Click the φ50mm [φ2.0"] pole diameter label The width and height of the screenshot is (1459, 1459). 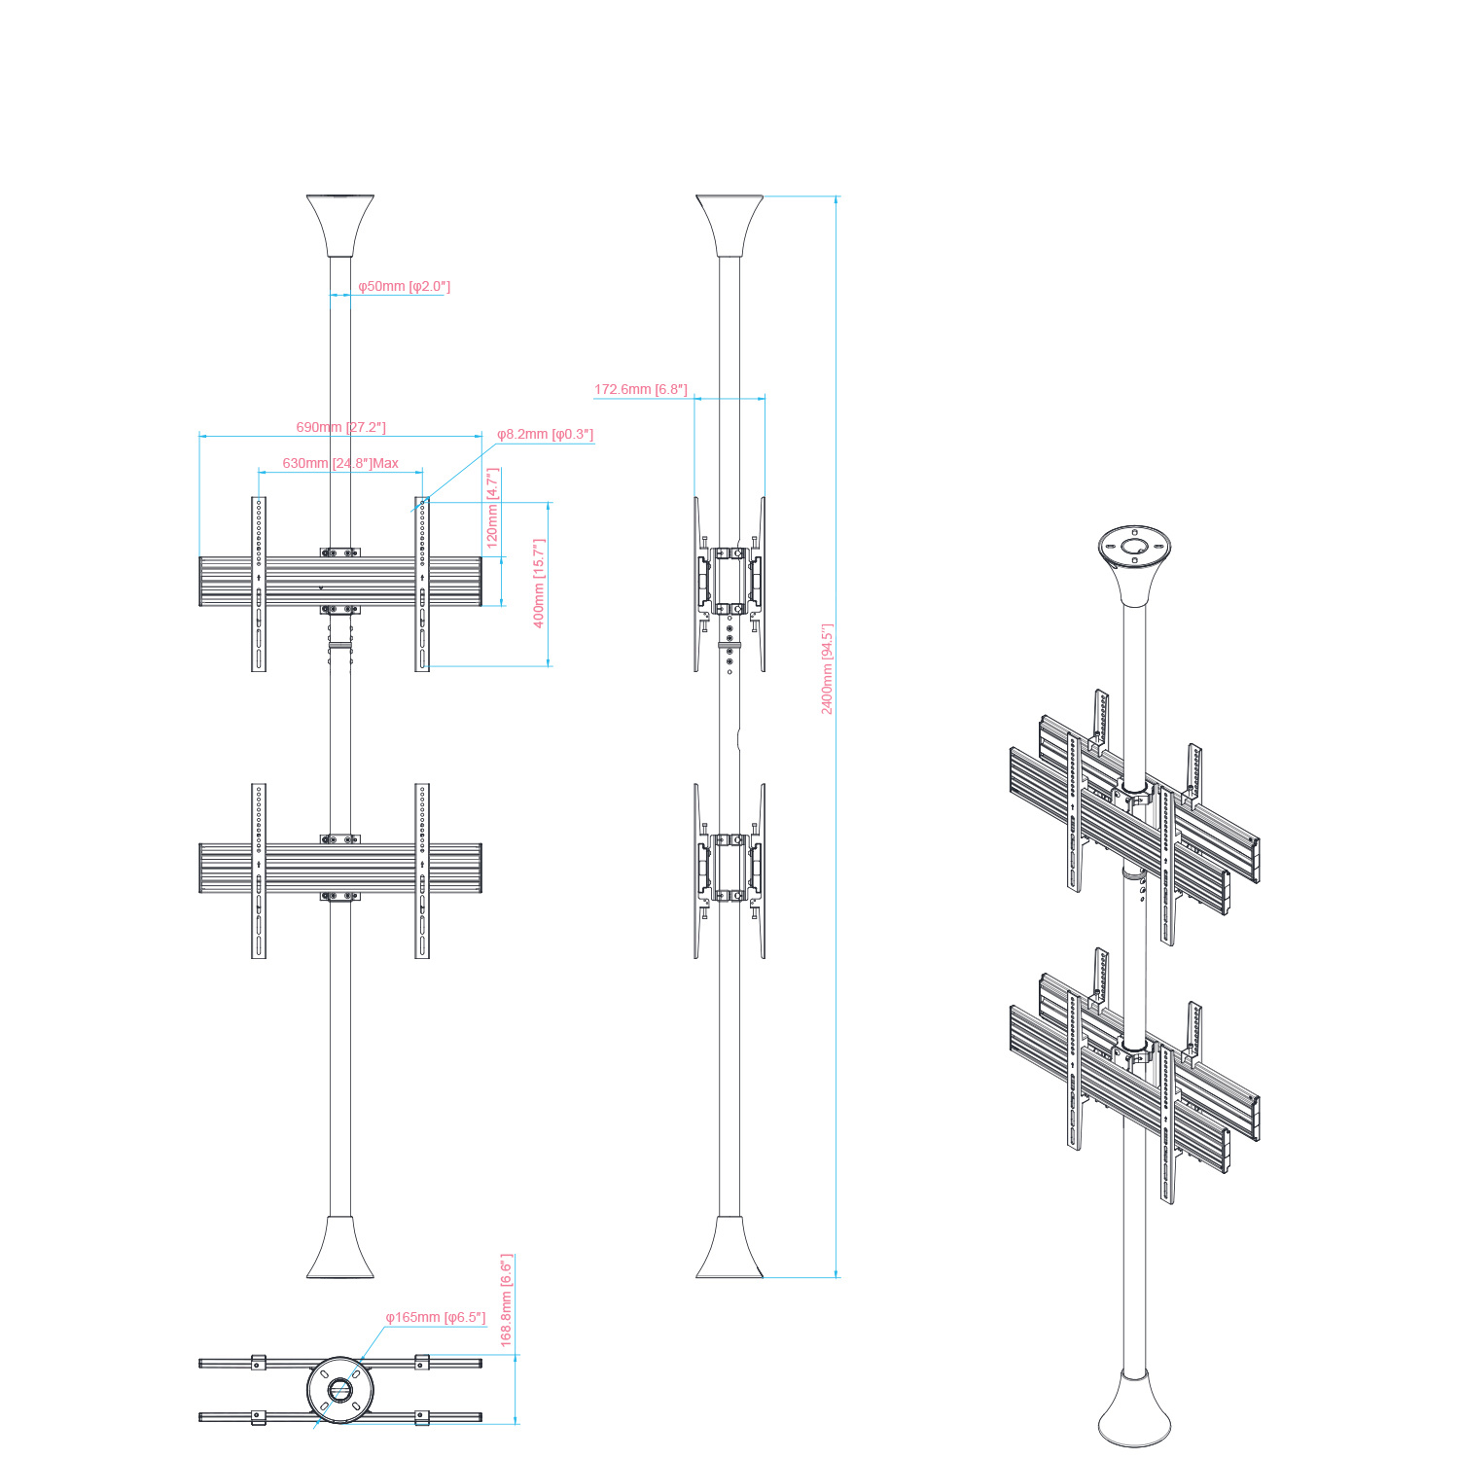(404, 286)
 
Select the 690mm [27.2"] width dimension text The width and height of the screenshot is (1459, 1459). (340, 427)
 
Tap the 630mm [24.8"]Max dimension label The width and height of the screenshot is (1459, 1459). (340, 463)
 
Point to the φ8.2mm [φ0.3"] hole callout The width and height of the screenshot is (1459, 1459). (545, 434)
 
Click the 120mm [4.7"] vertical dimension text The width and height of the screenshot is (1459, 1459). (492, 508)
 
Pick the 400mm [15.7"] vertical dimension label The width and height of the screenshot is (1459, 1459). (539, 583)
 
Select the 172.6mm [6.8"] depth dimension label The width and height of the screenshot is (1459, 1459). (641, 389)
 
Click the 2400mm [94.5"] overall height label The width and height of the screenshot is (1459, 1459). (827, 669)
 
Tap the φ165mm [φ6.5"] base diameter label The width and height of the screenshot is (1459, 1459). (435, 1317)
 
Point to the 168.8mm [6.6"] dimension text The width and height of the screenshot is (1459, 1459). (506, 1299)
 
